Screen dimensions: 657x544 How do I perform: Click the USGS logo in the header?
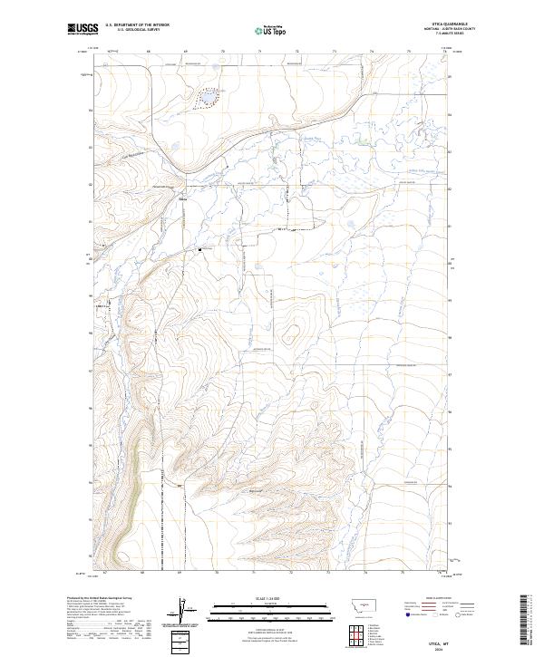click(x=82, y=29)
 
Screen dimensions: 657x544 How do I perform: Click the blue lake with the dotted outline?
click(x=208, y=97)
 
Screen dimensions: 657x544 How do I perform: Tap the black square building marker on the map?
click(x=200, y=247)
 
